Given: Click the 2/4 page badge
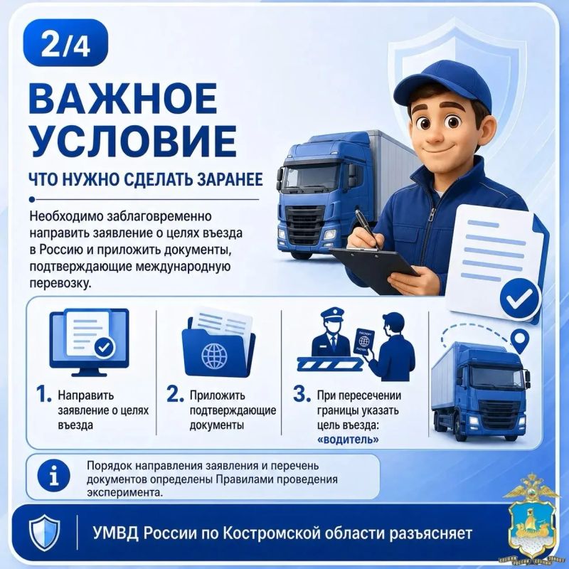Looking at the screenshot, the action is click(65, 43).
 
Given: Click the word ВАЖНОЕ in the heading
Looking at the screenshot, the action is click(123, 98).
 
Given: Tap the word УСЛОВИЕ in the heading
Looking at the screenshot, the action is click(134, 141).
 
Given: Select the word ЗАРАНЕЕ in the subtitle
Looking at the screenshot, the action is click(230, 180).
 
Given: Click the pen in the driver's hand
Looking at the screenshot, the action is click(367, 228).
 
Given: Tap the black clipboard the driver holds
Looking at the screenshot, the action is click(374, 269).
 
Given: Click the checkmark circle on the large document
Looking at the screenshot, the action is click(520, 299).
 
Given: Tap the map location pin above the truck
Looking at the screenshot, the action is click(520, 341).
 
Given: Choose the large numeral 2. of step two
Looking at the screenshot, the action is click(175, 394).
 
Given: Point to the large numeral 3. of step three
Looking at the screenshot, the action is click(302, 394).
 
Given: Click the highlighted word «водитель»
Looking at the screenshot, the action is click(348, 440).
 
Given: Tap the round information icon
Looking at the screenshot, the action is click(54, 477).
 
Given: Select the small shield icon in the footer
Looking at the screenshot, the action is click(44, 533).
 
